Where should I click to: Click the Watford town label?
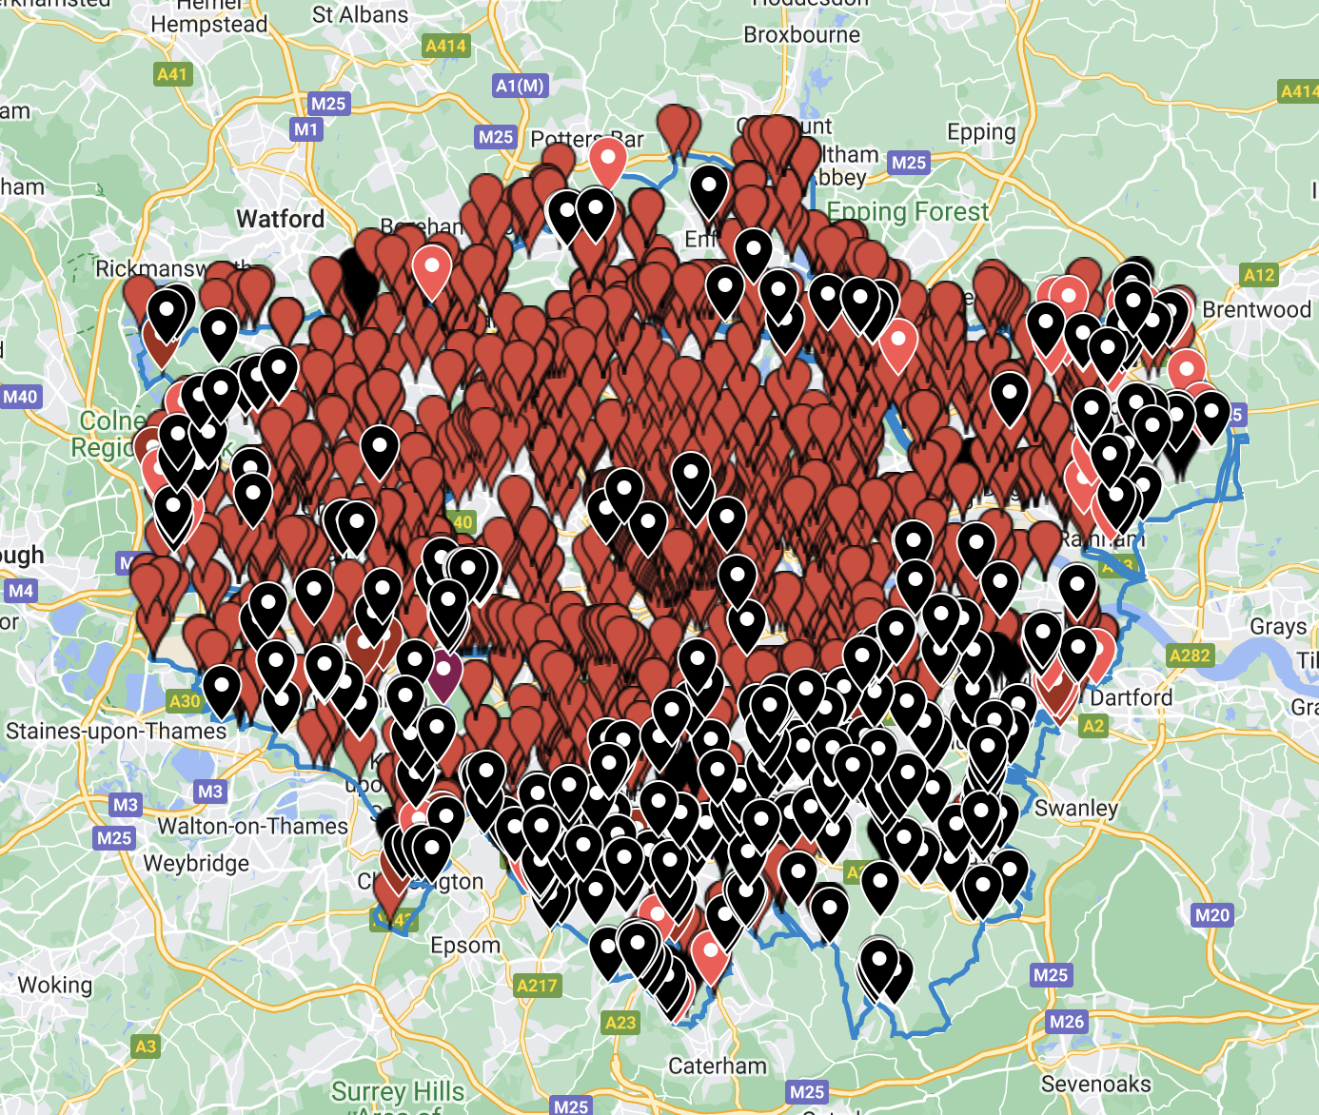[x=280, y=219]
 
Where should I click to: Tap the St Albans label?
[x=360, y=14]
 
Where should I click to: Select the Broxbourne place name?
[x=801, y=35]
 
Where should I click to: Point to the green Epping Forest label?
[x=908, y=211]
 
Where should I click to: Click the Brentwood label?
[x=1256, y=309]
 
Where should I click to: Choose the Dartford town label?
[x=1131, y=697]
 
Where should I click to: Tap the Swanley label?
[x=1075, y=809]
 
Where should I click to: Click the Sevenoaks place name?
[x=1095, y=1084]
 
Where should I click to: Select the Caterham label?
[x=718, y=1066]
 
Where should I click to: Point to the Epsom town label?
[x=464, y=945]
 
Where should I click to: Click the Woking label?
[x=55, y=985]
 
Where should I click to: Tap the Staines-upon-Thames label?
[x=116, y=731]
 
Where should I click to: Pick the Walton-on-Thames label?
[x=252, y=826]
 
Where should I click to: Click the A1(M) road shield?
[x=520, y=86]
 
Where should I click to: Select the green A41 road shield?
[x=172, y=74]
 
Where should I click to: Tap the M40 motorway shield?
[x=20, y=397]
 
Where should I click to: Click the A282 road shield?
[x=1190, y=655]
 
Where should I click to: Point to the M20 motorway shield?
[x=1211, y=915]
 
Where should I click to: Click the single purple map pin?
[x=443, y=672]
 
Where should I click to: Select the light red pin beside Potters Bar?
[x=607, y=160]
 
